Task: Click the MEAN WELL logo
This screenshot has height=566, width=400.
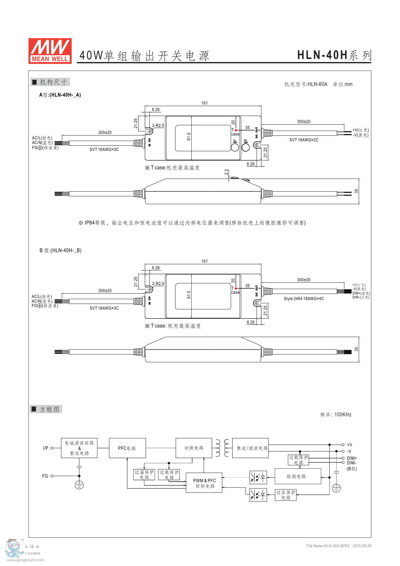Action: tap(50, 51)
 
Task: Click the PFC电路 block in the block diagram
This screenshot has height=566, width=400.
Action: tap(127, 448)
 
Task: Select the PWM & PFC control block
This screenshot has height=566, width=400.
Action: tap(204, 483)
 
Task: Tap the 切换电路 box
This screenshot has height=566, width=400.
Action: tap(194, 448)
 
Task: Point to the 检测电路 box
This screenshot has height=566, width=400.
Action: tap(298, 476)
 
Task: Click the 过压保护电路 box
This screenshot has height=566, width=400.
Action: tap(286, 495)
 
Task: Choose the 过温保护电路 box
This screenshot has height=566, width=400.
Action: tap(144, 475)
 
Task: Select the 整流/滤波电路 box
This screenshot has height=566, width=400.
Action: tap(251, 448)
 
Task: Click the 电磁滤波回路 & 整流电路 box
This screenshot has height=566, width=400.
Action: tap(79, 448)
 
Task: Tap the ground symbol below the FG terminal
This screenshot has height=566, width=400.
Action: tap(79, 485)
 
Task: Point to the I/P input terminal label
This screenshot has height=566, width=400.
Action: tap(46, 448)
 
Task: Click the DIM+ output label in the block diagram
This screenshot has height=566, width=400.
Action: tap(352, 458)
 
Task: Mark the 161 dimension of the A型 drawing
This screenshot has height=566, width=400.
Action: tap(205, 103)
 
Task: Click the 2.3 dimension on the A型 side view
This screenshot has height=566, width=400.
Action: tap(226, 172)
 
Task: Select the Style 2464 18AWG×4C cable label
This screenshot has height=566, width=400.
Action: tap(304, 299)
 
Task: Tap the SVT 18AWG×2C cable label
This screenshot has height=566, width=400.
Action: tap(304, 140)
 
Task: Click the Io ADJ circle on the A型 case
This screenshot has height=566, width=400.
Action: tap(235, 147)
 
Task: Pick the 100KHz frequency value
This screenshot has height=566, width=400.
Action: tap(343, 415)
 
